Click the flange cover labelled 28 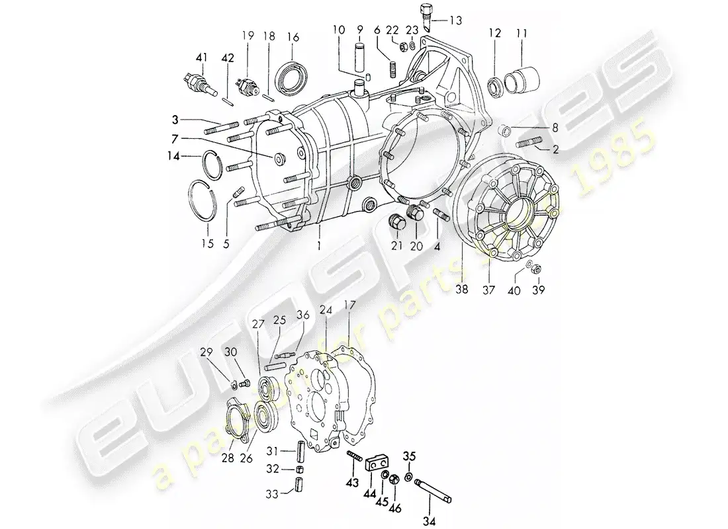click(236, 416)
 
